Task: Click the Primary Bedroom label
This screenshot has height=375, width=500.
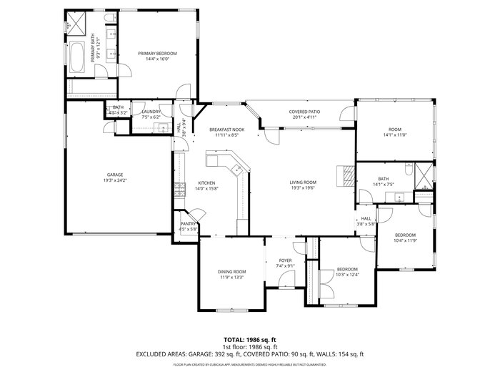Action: [x=157, y=54]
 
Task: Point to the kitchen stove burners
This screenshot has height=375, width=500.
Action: [x=176, y=190]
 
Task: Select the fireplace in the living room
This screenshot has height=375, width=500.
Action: [x=346, y=175]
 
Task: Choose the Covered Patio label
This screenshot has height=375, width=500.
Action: [x=304, y=112]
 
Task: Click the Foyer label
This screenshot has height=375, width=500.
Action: [x=285, y=260]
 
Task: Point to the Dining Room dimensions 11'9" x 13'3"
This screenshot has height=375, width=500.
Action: [x=232, y=277]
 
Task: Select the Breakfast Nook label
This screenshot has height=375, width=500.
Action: [x=226, y=129]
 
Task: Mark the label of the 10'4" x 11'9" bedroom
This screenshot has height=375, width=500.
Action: [x=405, y=235]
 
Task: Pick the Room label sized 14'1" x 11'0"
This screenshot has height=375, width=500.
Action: [x=394, y=129]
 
